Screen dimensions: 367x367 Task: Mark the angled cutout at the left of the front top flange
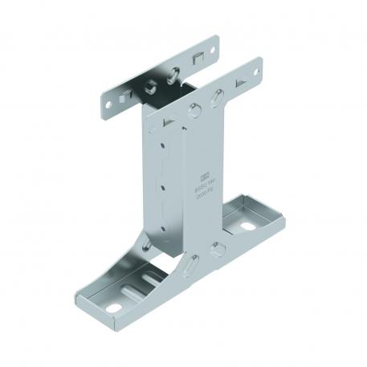(168, 120)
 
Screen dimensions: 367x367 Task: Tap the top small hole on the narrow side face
(163, 147)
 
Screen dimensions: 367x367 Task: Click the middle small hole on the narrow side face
(163, 187)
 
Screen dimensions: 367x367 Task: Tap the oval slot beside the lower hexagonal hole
(190, 263)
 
